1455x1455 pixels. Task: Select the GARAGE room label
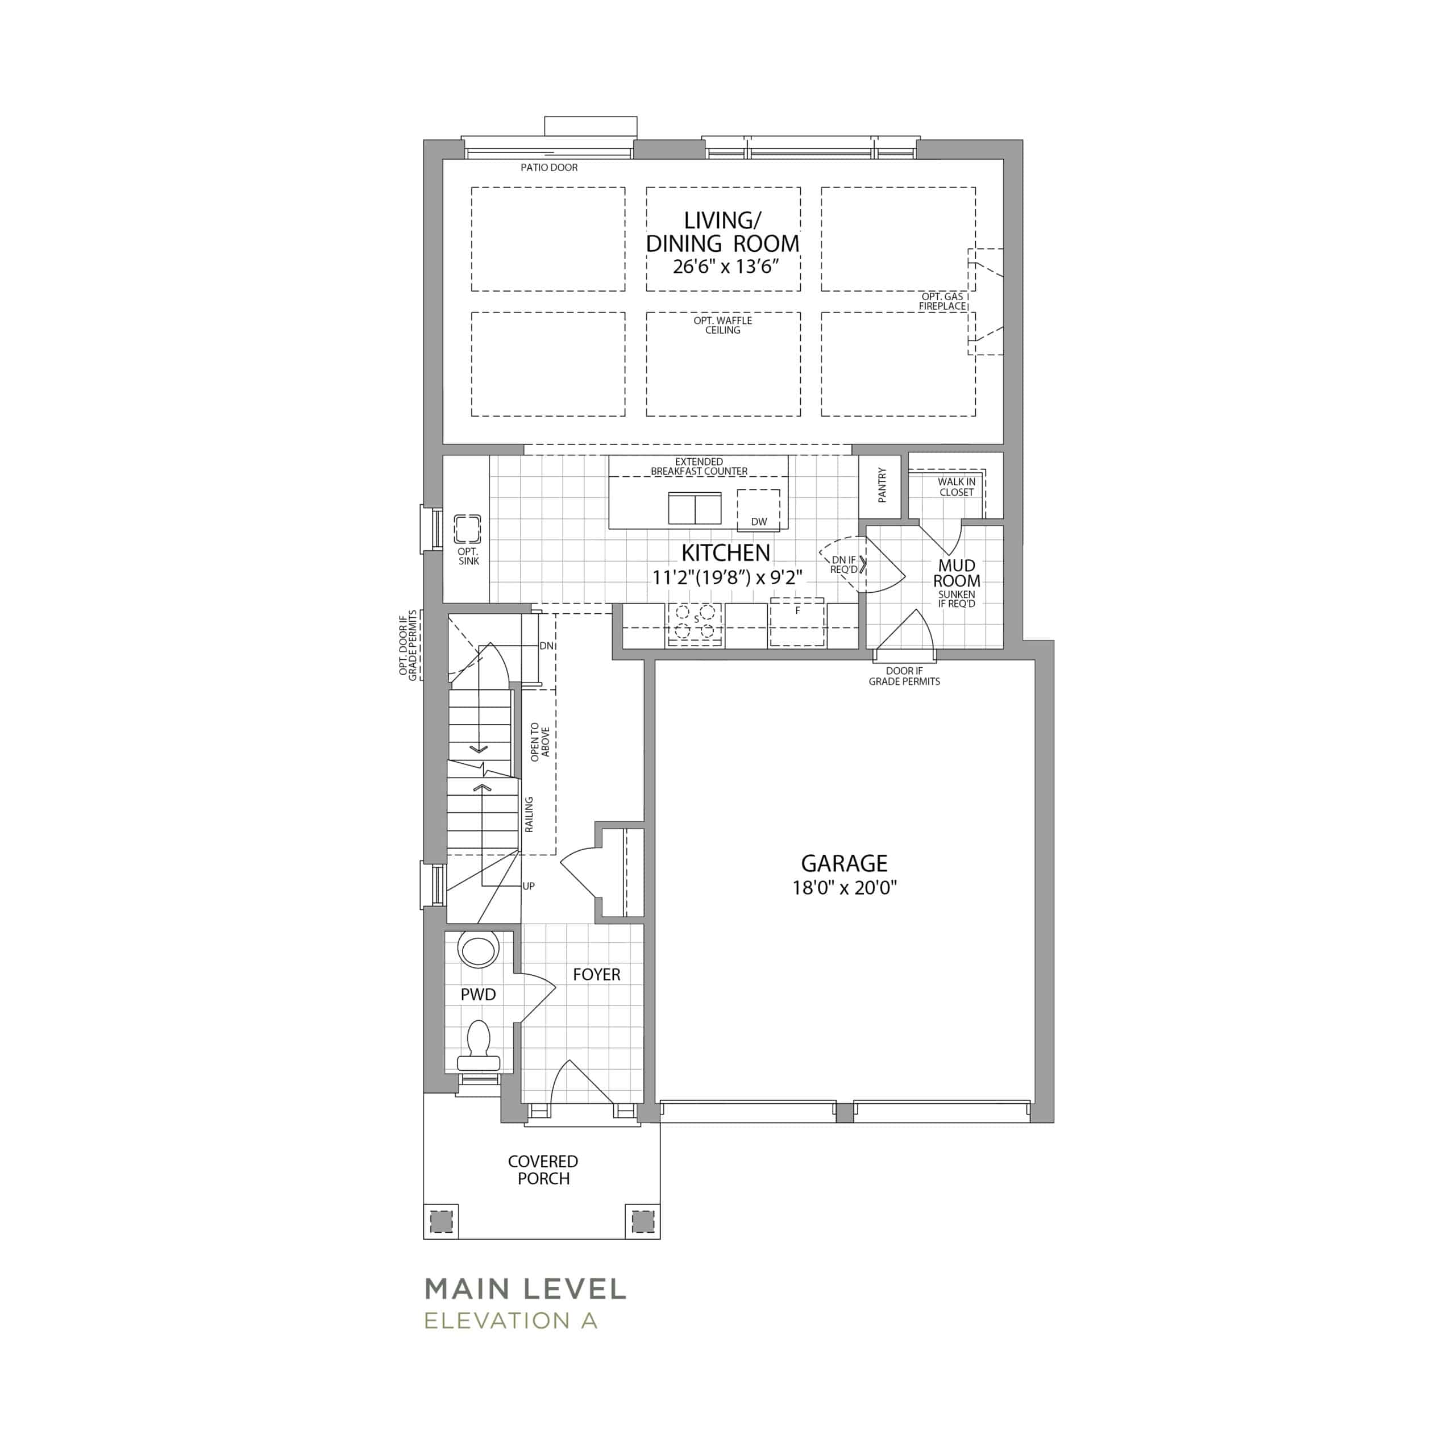click(844, 863)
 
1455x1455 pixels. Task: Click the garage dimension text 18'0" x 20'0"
click(844, 888)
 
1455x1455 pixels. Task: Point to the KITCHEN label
click(726, 553)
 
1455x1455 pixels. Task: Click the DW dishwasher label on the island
click(759, 522)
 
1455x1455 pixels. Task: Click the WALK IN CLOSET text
click(957, 487)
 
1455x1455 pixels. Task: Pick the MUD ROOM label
click(957, 573)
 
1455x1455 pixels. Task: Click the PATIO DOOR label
click(549, 167)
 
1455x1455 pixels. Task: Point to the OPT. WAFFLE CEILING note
click(723, 325)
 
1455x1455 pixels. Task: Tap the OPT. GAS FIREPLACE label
click(942, 301)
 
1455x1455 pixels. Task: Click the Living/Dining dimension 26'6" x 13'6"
click(725, 267)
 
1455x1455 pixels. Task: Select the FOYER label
click(596, 975)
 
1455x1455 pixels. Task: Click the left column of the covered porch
click(441, 1220)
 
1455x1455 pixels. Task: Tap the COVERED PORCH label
click(543, 1170)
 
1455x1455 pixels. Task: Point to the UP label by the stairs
click(529, 887)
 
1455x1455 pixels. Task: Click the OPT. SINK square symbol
click(468, 530)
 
